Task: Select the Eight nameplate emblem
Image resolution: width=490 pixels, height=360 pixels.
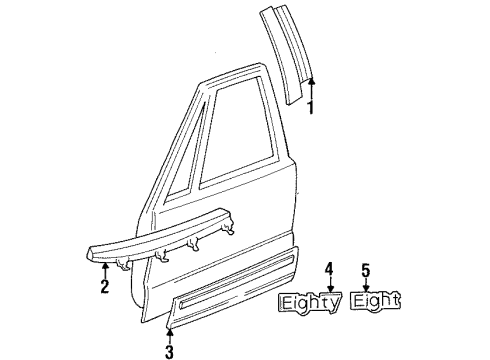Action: (376, 300)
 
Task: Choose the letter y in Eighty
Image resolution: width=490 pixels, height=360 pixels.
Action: (333, 303)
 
